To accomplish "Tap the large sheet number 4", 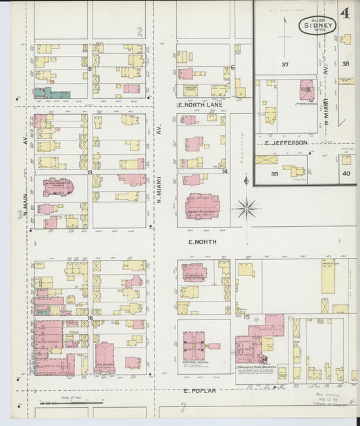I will tap(345, 14).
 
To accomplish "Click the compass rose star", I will tap(246, 209).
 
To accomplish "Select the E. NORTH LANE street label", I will tap(199, 105).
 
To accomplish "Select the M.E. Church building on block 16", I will tap(104, 358).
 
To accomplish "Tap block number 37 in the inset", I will tap(285, 65).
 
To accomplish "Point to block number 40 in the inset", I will tap(346, 174).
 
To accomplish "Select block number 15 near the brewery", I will tap(247, 317).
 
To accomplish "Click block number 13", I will tap(89, 172).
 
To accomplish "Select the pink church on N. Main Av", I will tap(57, 187).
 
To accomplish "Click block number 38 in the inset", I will tap(346, 64).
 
